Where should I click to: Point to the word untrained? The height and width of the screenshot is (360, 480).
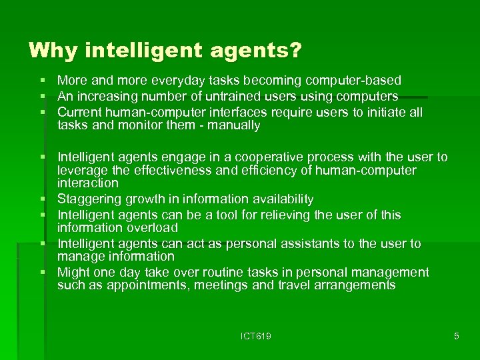(221, 97)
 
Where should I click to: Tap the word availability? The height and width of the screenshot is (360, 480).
(276, 199)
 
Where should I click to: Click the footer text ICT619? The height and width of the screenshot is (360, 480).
(256, 336)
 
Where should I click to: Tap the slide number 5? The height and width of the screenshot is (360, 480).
(457, 336)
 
